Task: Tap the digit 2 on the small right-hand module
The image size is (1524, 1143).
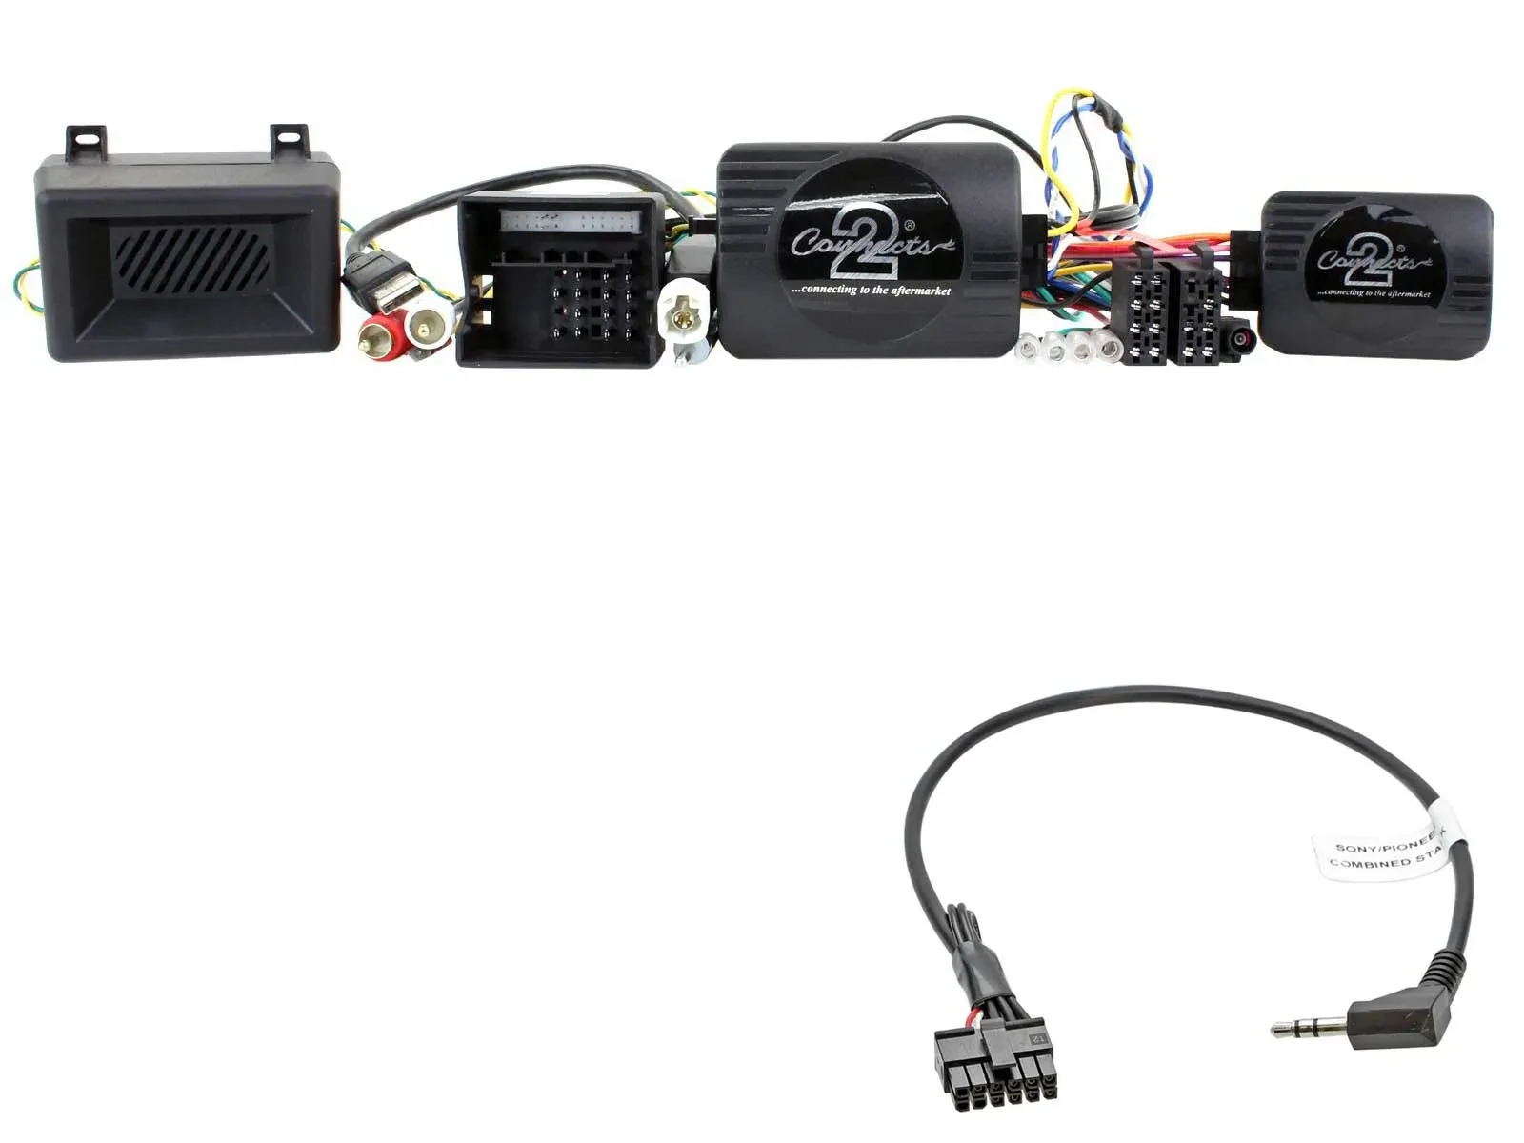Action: (x=1372, y=259)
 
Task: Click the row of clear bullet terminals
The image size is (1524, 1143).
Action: (x=1067, y=349)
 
